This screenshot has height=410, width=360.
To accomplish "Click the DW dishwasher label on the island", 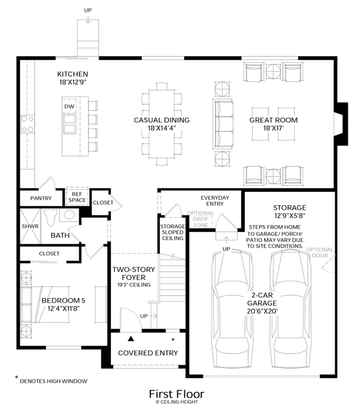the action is [69, 107].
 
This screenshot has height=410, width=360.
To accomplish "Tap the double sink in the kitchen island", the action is [69, 124].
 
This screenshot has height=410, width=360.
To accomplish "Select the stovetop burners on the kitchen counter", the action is [28, 124].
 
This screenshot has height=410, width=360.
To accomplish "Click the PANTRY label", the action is [41, 198].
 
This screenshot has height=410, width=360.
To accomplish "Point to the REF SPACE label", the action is [77, 197].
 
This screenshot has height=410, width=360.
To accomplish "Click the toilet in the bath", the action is [51, 218].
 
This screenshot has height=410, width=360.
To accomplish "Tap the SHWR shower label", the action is [30, 226].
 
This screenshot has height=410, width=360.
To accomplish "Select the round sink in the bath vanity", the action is [69, 215].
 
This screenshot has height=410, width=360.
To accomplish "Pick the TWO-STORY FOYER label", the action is [134, 274].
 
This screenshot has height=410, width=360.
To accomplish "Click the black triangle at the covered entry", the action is [131, 339].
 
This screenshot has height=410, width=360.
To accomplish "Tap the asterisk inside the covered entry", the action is [173, 340].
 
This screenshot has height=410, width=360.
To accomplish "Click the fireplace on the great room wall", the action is [341, 124].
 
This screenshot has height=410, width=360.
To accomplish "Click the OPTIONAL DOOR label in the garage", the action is [320, 252].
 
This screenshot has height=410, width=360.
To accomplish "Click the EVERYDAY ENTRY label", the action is [215, 201].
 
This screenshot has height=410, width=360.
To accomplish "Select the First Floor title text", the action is [176, 394].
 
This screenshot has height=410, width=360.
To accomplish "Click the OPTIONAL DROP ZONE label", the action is [201, 219].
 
